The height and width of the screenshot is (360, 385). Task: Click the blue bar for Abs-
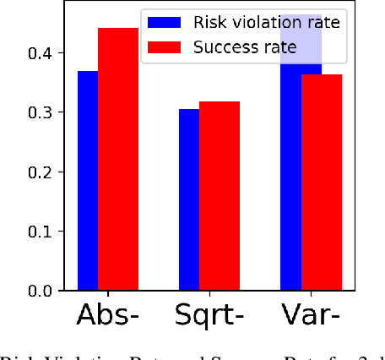coord(88,181)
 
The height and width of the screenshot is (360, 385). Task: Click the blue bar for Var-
coord(290,169)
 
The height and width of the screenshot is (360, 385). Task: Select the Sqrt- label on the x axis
coord(209,317)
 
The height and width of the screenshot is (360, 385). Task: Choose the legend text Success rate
coord(246,46)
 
